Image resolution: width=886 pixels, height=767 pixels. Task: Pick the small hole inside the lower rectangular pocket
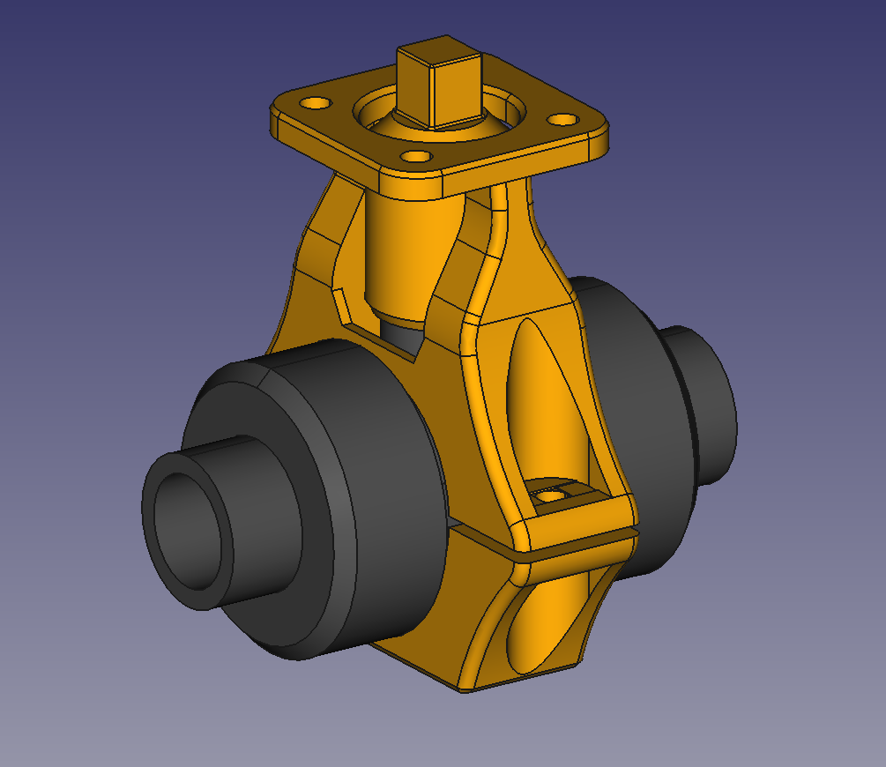point(553,496)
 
